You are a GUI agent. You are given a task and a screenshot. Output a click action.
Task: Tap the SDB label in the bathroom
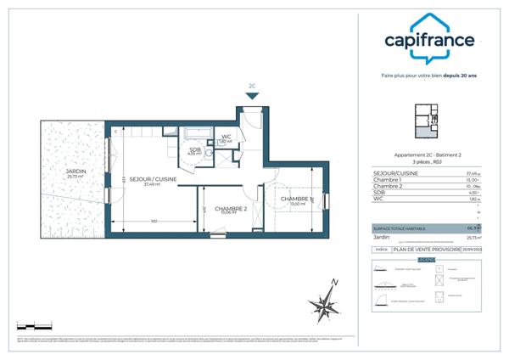point(194,149)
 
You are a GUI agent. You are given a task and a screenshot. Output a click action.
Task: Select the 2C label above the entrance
point(252,86)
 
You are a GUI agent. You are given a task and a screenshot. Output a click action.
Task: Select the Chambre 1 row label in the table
point(388,180)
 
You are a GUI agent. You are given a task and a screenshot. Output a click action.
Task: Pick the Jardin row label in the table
point(383,238)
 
